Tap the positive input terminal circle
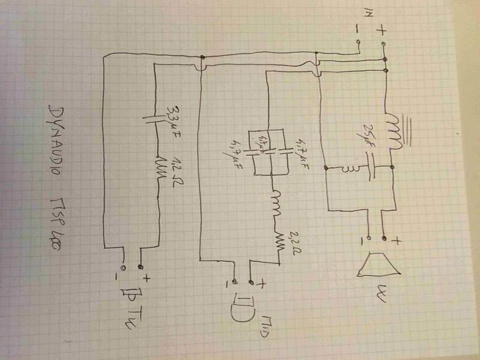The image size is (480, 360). pos(383,44)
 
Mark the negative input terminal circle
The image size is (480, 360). pos(359,43)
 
